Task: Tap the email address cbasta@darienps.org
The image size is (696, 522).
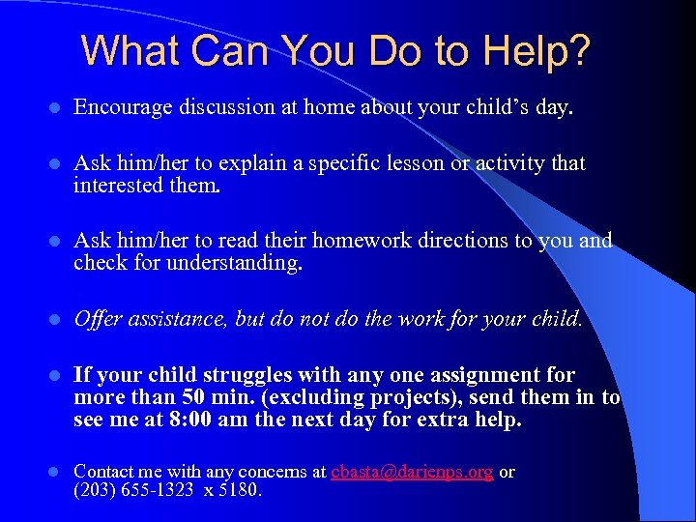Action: pyautogui.click(x=412, y=472)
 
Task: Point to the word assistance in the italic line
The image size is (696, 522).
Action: pyautogui.click(x=178, y=318)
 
